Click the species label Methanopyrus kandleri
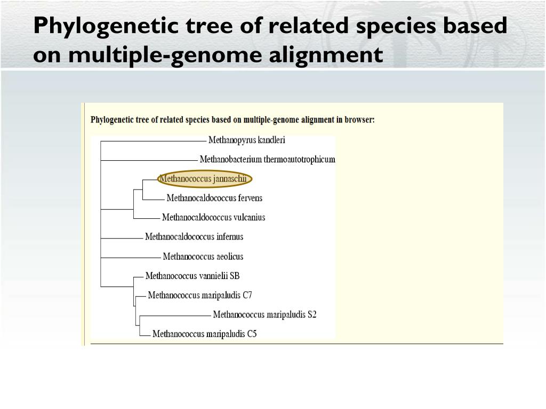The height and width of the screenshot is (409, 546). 246,140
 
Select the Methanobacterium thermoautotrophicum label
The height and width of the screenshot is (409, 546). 267,159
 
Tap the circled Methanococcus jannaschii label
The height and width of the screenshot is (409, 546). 205,178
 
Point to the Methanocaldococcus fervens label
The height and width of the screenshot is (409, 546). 214,198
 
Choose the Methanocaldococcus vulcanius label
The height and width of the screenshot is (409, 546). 213,217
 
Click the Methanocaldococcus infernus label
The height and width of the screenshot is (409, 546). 194,236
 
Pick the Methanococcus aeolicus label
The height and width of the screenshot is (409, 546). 203,256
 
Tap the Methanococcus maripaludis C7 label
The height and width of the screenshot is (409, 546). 200,295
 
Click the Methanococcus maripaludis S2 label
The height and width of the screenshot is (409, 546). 264,314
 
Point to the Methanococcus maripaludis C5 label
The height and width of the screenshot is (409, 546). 205,334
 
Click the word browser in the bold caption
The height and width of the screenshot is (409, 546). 359,120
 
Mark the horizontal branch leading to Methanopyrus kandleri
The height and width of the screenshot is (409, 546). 152,141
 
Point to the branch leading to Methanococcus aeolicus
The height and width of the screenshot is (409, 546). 131,258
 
